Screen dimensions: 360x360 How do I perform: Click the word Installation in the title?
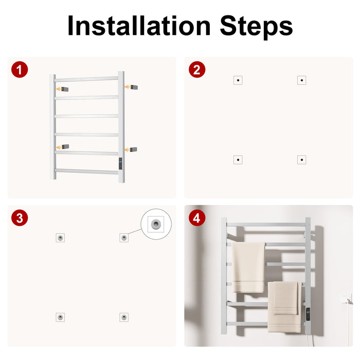[x=139, y=25]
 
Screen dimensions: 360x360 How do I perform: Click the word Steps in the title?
[x=256, y=27]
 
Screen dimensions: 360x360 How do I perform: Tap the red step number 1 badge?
[x=20, y=69]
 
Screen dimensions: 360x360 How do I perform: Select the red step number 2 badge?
[x=197, y=69]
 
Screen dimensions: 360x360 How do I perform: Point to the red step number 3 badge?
[x=20, y=218]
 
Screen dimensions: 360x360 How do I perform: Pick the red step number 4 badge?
[x=197, y=218]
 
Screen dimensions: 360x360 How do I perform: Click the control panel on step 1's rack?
[x=120, y=164]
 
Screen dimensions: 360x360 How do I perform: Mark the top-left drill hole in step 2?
[x=238, y=80]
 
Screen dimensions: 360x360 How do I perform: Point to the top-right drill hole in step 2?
[x=302, y=80]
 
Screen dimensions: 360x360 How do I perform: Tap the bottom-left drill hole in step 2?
[x=238, y=160]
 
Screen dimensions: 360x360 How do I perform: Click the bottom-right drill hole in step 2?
[x=302, y=160]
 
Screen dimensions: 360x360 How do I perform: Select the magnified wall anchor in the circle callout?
[x=156, y=224]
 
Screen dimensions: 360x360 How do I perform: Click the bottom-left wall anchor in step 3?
[x=60, y=317]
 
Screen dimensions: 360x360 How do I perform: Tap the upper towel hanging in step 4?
[x=248, y=267]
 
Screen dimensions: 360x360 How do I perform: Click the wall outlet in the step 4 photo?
[x=347, y=298]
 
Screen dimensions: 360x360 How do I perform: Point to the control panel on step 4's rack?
[x=308, y=314]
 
